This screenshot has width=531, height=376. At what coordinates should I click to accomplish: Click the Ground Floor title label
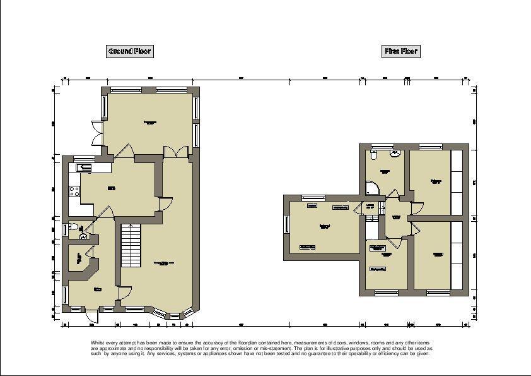[x=129, y=51]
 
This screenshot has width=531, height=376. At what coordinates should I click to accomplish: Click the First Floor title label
[x=401, y=51]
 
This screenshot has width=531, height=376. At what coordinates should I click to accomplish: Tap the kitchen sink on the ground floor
[x=84, y=167]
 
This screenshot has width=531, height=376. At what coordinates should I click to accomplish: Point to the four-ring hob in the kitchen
[x=74, y=189]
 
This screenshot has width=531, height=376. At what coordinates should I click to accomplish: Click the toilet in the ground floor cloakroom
[x=73, y=226]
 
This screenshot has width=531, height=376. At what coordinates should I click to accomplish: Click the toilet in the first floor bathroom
[x=375, y=154]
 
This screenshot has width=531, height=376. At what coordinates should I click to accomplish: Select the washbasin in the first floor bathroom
[x=395, y=153]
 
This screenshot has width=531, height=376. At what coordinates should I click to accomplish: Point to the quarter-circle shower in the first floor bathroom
[x=371, y=188]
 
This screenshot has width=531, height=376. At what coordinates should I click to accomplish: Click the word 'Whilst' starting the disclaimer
[x=97, y=342]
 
